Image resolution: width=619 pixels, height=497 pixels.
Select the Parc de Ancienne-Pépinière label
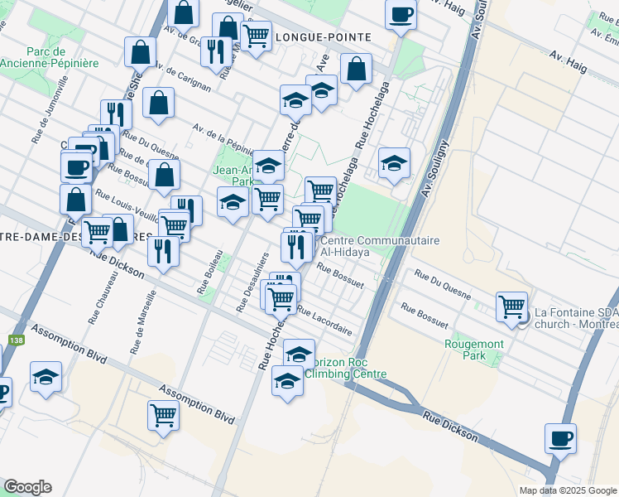pos(50,57)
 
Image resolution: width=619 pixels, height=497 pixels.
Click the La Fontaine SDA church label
pos(576,318)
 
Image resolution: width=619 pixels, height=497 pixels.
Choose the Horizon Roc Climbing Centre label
pos(346,368)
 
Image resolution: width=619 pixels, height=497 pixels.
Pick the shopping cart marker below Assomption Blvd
pos(164,415)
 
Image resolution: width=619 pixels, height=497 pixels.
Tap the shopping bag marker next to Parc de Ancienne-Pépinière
pos(141,52)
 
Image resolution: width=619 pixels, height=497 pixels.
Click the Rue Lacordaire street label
pos(324,322)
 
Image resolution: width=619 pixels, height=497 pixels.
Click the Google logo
pos(27,487)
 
